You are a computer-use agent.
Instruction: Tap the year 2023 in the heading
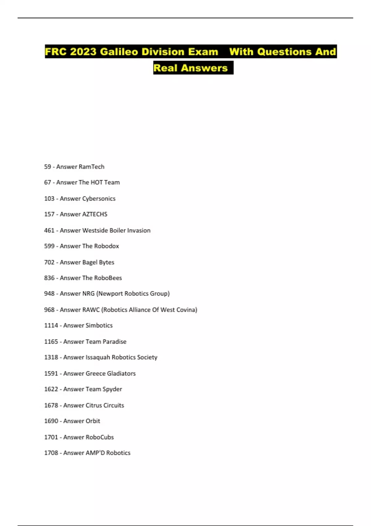click(83, 52)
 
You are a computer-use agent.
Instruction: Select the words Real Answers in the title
click(190, 68)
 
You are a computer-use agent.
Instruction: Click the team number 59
click(47, 167)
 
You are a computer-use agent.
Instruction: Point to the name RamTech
click(92, 167)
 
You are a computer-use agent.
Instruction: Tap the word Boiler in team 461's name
click(117, 231)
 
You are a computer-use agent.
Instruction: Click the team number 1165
click(51, 342)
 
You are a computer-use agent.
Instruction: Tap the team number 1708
click(51, 453)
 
